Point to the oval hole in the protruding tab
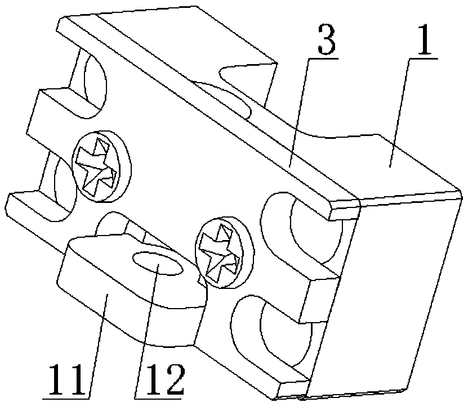(x=157, y=263)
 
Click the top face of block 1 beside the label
(x=389, y=163)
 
